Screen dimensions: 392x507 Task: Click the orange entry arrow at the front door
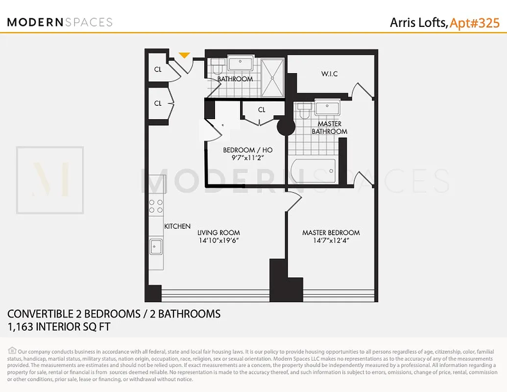184,55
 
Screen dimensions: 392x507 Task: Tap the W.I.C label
329,74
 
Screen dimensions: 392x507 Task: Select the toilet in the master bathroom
303,112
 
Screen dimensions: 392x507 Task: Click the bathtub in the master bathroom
313,171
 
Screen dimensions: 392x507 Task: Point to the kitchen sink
156,246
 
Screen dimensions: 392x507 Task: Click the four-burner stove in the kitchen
156,206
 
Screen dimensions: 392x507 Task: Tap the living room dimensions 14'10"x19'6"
218,241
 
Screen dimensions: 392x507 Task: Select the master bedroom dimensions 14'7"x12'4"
331,241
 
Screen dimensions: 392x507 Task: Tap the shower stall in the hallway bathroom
272,77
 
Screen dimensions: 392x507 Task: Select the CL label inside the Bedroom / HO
262,110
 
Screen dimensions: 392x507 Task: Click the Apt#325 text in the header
475,23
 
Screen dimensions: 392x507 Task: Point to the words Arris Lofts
418,23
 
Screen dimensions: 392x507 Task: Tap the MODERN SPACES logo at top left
60,22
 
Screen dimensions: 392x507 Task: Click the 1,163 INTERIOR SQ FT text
59,327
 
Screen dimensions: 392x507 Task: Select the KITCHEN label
177,226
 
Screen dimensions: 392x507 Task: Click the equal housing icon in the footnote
12,351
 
